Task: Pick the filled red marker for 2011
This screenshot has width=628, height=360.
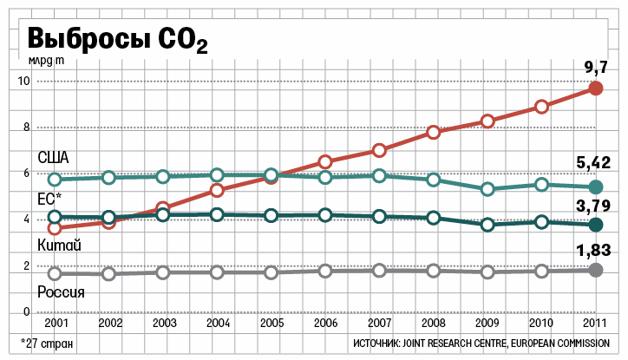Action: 595,88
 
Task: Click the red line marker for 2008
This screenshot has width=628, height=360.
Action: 434,133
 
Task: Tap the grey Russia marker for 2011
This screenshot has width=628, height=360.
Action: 595,270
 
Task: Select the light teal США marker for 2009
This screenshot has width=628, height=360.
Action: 487,188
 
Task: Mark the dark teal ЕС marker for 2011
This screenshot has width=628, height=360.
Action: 595,226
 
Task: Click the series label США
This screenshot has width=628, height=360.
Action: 53,158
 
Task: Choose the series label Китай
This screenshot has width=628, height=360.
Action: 58,248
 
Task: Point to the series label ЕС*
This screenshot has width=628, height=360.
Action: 49,199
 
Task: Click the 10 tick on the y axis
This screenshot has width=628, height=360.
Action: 24,82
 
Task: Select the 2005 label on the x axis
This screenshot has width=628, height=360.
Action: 271,322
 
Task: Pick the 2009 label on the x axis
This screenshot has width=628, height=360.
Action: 487,322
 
